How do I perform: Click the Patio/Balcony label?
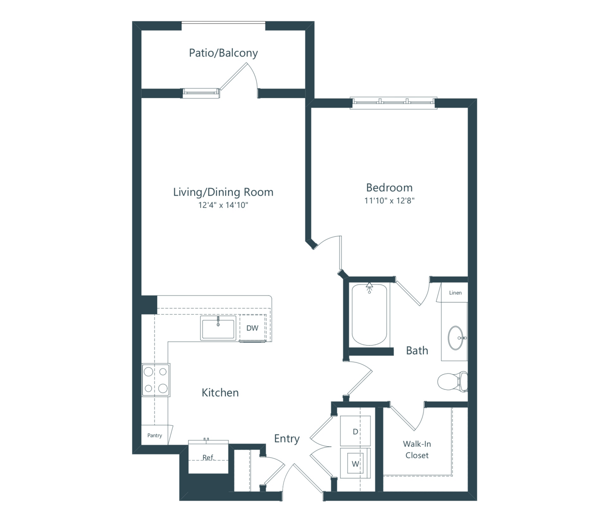tap(223, 53)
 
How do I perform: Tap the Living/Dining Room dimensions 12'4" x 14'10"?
tap(223, 205)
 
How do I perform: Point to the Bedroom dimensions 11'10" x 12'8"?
tap(389, 201)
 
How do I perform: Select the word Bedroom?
tap(389, 187)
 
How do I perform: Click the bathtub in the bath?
tap(369, 314)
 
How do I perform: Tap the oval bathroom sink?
tap(456, 338)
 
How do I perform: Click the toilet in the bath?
tap(453, 382)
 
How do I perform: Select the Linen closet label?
tap(455, 293)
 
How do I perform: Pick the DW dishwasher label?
tap(252, 328)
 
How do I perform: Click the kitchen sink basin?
tap(218, 328)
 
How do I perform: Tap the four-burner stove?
tap(156, 380)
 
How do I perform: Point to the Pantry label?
tap(155, 435)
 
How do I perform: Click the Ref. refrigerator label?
tap(208, 457)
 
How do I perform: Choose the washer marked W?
tap(355, 464)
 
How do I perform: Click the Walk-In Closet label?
tap(417, 450)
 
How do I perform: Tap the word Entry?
tap(287, 439)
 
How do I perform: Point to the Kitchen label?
tap(220, 393)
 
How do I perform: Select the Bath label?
tap(417, 351)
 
